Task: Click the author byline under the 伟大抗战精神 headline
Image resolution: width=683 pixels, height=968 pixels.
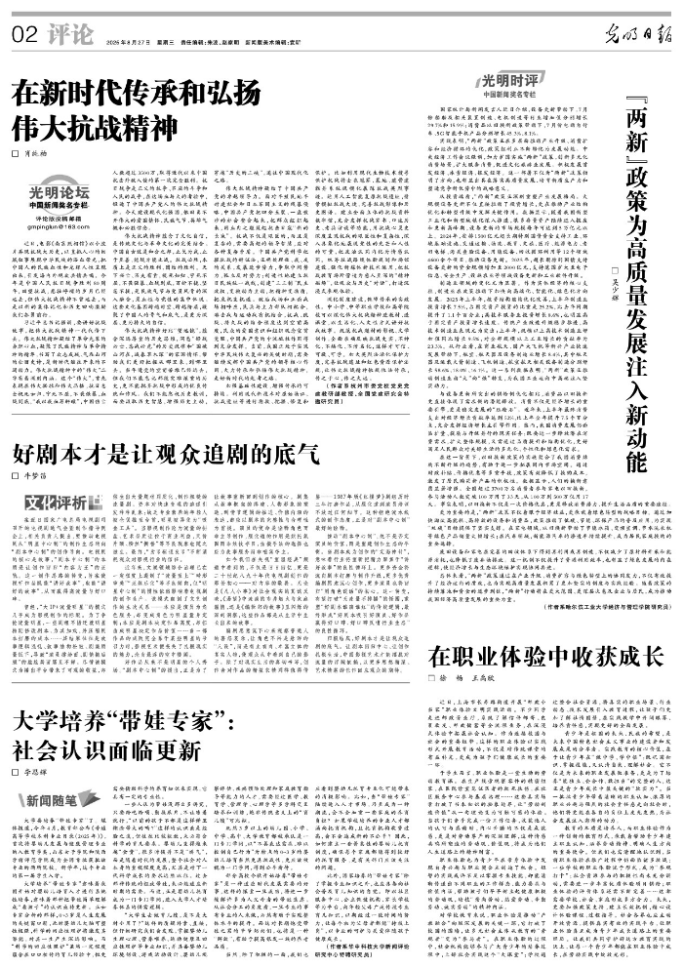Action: click(36, 156)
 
